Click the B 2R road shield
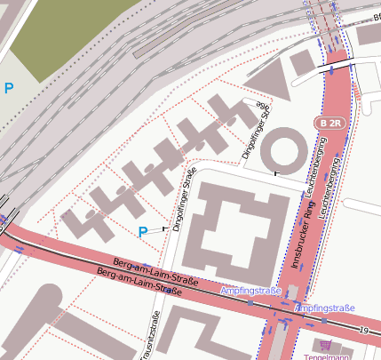coord(330,123)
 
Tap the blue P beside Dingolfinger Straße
coord(143,232)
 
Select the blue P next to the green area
coord(9,88)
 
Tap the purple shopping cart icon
coord(325,345)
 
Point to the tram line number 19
coord(363,332)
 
